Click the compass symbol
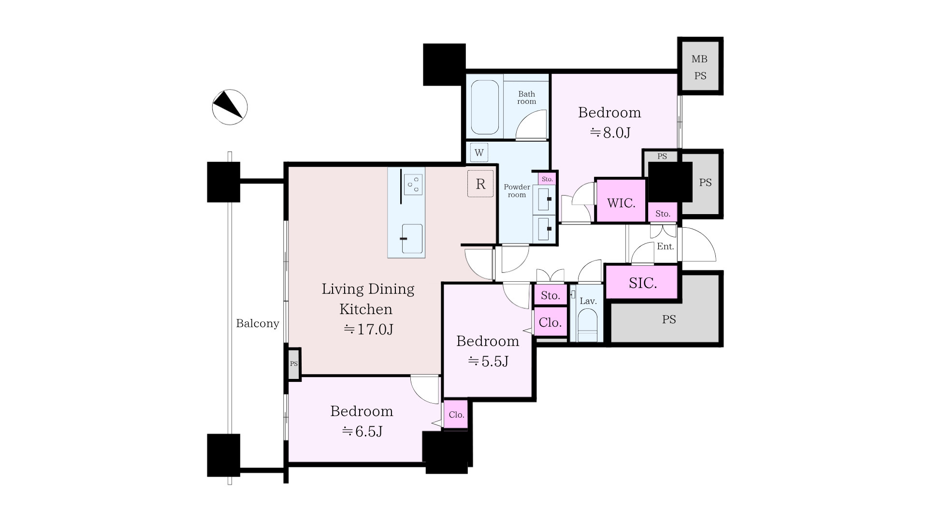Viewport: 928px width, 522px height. pos(230,107)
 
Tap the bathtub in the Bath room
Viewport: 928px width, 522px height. pos(485,107)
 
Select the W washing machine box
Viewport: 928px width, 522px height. pos(479,153)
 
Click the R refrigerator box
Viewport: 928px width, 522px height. pos(480,184)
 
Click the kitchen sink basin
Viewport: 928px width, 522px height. pos(412,239)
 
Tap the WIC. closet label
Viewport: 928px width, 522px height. pos(621,203)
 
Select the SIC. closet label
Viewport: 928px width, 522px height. pos(643,283)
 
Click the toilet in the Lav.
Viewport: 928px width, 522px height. pos(588,326)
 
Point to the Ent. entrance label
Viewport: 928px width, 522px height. pos(666,246)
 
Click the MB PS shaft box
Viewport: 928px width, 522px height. pos(700,66)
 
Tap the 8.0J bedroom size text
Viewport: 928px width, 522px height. pos(610,132)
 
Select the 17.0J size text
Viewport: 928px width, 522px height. pos(368,330)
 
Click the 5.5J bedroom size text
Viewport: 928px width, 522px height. pos(488,361)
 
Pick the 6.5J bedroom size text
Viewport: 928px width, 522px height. pos(362,431)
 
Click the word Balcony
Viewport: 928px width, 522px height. pos(258,323)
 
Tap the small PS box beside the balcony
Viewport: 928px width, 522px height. pos(293,364)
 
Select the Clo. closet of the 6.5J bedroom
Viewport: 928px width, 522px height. pos(456,414)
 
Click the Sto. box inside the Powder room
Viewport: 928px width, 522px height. pos(547,179)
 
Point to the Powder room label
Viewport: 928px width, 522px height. pos(517,191)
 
